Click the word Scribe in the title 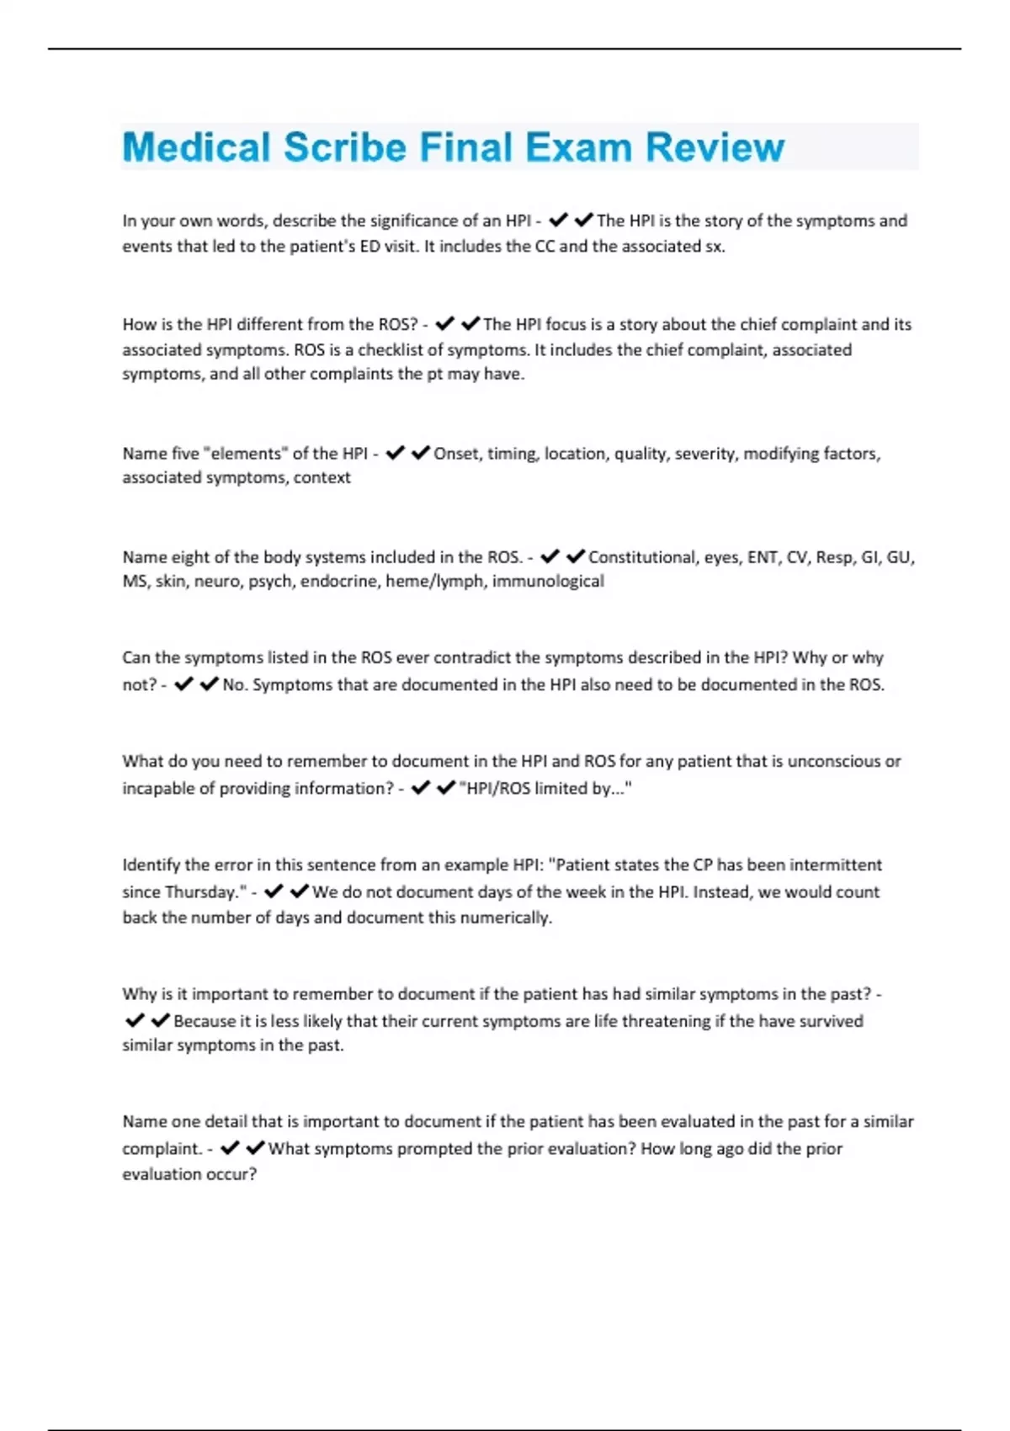tap(344, 147)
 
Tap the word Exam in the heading tap(580, 147)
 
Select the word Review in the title tap(715, 147)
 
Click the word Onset tap(457, 454)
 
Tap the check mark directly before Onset tap(420, 454)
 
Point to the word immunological tap(548, 581)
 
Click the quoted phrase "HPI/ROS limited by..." tap(545, 788)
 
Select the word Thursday tap(202, 891)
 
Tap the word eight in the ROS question tap(190, 557)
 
